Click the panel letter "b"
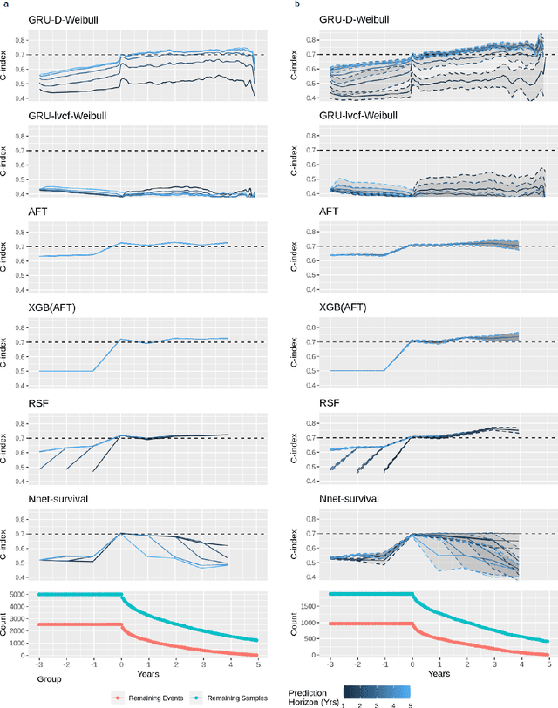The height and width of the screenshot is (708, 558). pos(297,4)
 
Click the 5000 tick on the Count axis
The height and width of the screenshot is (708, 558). pos(15,595)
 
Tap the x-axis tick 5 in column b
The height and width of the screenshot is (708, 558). pos(547,664)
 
